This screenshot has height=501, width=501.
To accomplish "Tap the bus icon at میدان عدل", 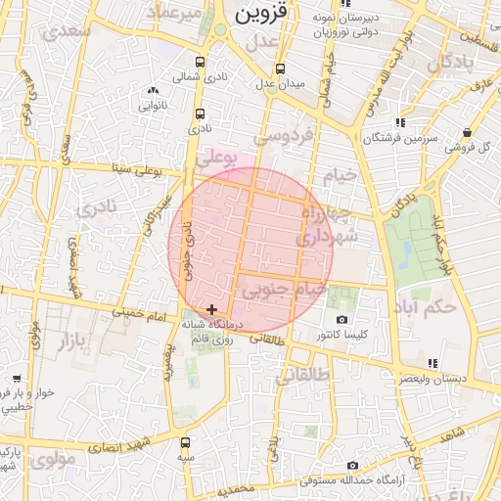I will click(x=281, y=69).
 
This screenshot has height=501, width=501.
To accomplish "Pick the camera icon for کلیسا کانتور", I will click(x=342, y=320).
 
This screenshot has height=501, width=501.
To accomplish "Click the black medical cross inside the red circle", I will click(x=211, y=309).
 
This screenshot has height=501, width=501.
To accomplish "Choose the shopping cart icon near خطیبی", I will click(x=16, y=378).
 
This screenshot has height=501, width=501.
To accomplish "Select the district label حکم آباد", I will click(x=429, y=308).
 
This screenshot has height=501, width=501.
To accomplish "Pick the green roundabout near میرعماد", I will click(x=221, y=30).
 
